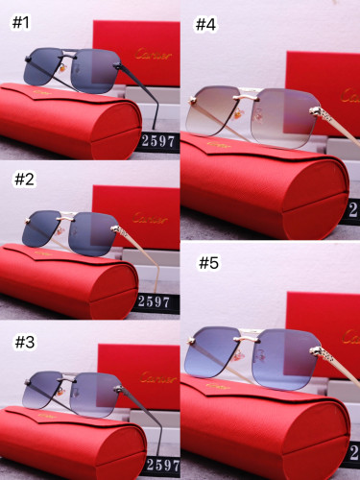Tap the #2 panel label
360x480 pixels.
[23, 180]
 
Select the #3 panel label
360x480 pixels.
[23, 339]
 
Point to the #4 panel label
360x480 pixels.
[205, 25]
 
